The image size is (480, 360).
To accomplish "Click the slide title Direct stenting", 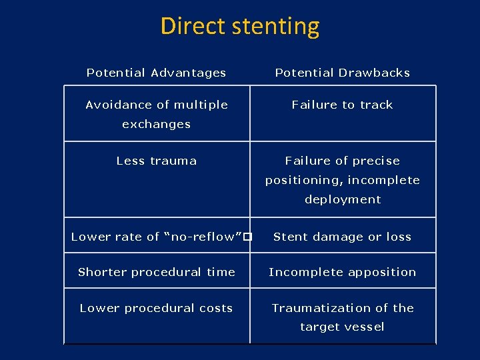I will point(240,27).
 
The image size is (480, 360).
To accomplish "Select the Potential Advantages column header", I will point(156,73).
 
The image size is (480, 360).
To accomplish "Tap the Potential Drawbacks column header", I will point(343,73).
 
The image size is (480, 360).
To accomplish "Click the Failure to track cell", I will point(343,105).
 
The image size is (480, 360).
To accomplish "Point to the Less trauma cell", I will point(157,161).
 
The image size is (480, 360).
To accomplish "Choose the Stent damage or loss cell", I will point(343,237).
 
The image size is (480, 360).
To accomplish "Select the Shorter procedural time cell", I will point(157,272).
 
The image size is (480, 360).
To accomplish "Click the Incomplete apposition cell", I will point(343,272).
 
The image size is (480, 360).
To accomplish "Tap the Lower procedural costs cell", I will point(157,308).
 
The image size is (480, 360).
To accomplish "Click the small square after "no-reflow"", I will point(247,237).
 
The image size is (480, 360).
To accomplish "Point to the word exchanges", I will point(157,124).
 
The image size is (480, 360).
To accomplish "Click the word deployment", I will point(343,199).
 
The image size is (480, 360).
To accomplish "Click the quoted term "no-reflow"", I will point(203,237).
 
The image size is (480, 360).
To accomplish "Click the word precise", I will point(377,161).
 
